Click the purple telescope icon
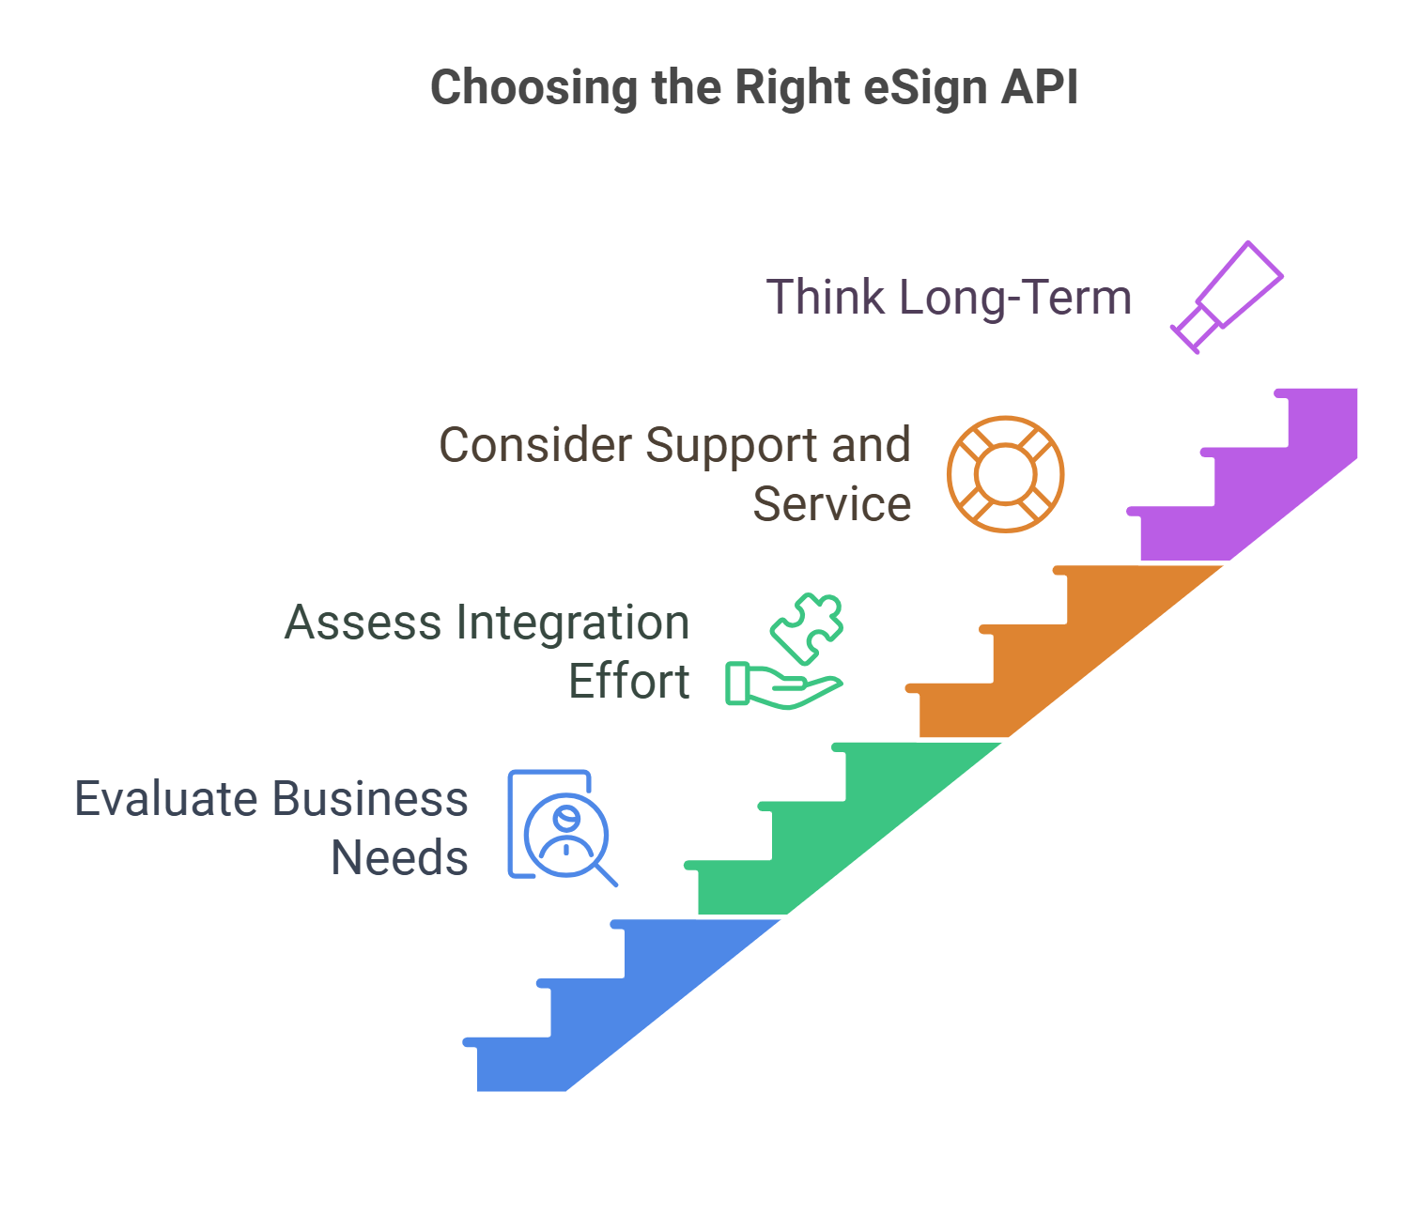(1227, 296)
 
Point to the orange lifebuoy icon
(1005, 474)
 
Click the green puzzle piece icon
(808, 626)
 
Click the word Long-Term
(1015, 298)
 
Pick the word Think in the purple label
(826, 298)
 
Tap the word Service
(831, 504)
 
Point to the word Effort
(628, 682)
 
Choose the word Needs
(399, 858)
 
